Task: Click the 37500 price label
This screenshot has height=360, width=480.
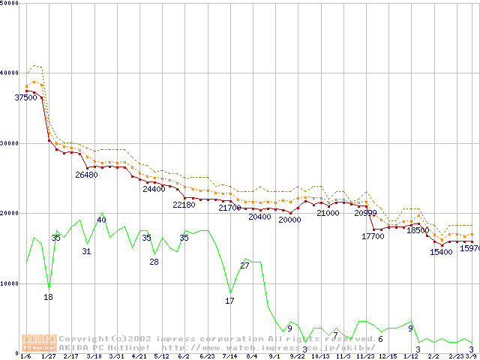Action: point(25,97)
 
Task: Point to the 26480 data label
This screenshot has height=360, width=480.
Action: point(86,175)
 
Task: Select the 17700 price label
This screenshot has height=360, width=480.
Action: point(373,236)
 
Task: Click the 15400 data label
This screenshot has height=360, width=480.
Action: point(441,253)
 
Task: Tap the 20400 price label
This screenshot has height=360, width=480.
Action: point(259,217)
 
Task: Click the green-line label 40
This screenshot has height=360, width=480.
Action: point(101,220)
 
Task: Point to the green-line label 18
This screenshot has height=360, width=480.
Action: point(48,298)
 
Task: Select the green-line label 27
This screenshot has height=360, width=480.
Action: point(244,266)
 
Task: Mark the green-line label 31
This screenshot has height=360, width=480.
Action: point(86,252)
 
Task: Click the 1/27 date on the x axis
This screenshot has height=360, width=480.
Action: point(49,356)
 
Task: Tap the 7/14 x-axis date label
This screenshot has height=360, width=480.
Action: point(229,356)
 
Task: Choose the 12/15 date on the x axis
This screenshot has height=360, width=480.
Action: point(388,356)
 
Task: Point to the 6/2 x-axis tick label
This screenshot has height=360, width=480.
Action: point(184,356)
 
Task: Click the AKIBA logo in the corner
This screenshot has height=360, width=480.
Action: point(40,343)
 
